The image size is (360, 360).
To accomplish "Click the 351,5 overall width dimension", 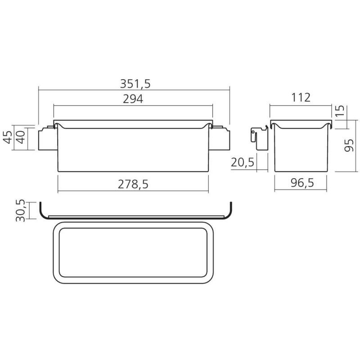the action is (x=135, y=84).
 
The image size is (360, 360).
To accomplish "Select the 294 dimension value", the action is (x=133, y=99).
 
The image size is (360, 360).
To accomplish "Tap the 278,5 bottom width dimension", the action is (x=133, y=184).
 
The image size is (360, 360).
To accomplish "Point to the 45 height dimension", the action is (x=8, y=137).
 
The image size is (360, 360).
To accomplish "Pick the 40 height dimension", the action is (x=21, y=137).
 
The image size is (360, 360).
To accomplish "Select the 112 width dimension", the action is (x=301, y=98).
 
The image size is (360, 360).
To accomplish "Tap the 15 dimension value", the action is (x=340, y=111).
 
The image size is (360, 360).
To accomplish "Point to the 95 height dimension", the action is (x=349, y=145).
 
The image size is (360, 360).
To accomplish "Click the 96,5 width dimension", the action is (x=302, y=183).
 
